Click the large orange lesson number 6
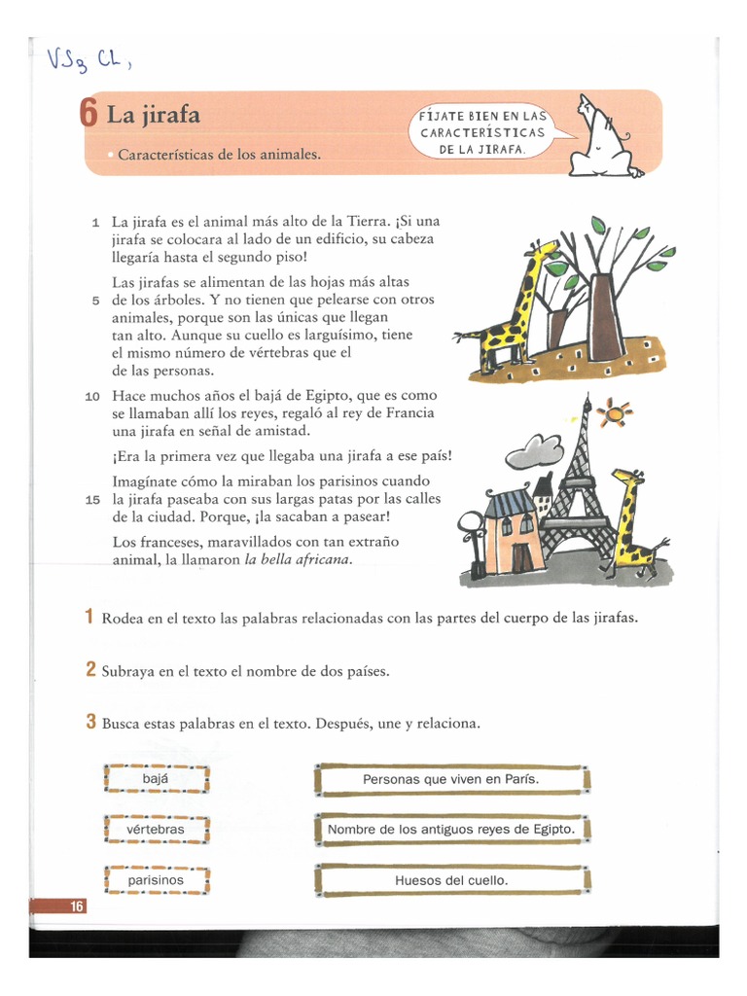(89, 115)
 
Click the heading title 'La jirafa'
(153, 116)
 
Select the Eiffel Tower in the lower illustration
(582, 486)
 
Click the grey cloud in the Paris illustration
(534, 449)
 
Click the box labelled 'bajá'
(156, 779)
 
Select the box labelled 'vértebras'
(156, 830)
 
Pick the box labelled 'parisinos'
(156, 880)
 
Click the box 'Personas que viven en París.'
(451, 779)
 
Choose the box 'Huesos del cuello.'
(451, 880)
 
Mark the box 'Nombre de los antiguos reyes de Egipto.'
(451, 830)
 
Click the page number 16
(76, 907)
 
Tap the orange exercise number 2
(89, 670)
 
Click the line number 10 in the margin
(92, 397)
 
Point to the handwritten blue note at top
(88, 62)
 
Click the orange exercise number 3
(89, 723)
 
